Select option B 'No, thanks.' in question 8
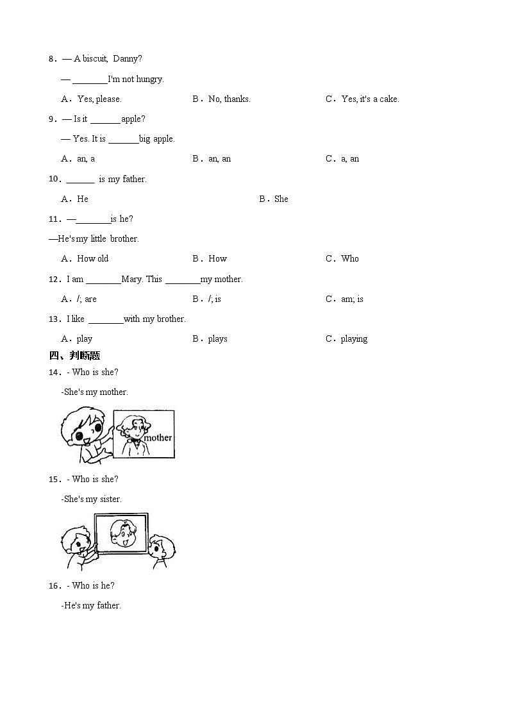(229, 99)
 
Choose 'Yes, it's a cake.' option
(370, 99)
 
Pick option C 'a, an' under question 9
(350, 159)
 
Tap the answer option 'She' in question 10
(281, 199)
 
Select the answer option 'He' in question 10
(83, 199)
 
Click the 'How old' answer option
(93, 259)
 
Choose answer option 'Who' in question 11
(350, 259)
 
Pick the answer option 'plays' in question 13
(217, 339)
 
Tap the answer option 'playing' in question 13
(354, 339)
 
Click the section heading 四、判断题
(75, 356)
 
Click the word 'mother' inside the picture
(158, 438)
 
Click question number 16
(55, 586)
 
